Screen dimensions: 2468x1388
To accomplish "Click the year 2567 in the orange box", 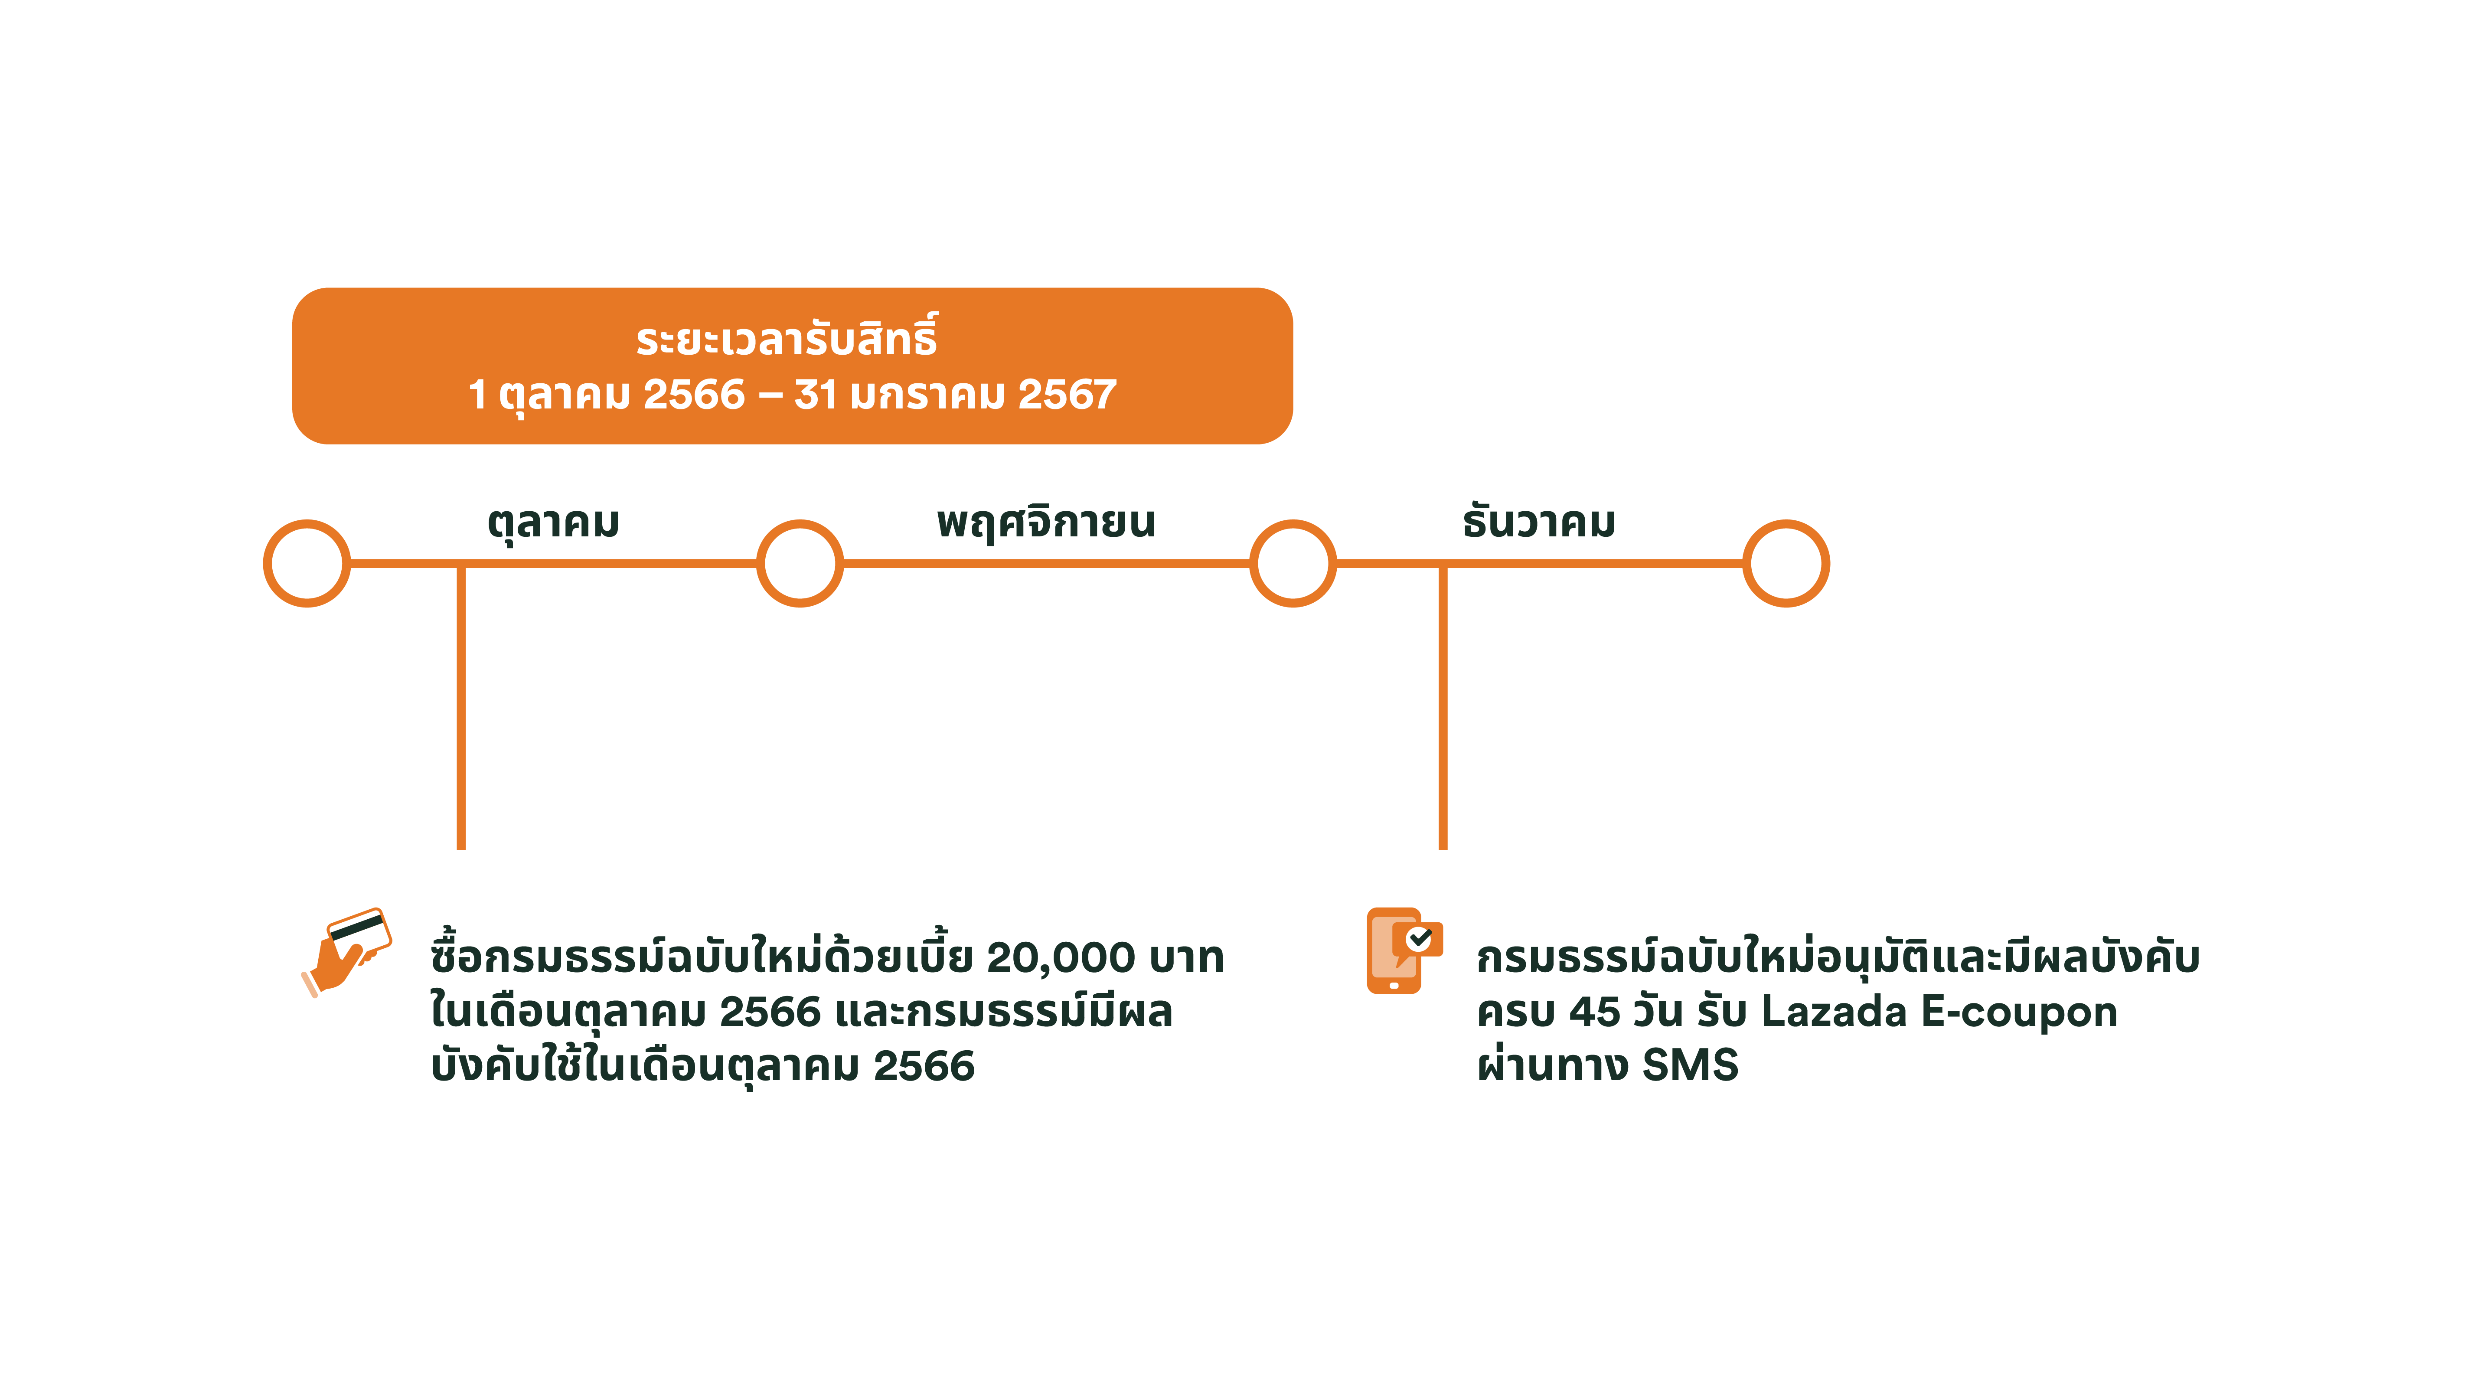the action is point(1068,395).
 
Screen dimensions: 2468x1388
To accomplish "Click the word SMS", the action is point(1690,1065).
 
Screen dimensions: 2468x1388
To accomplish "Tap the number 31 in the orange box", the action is point(815,395).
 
